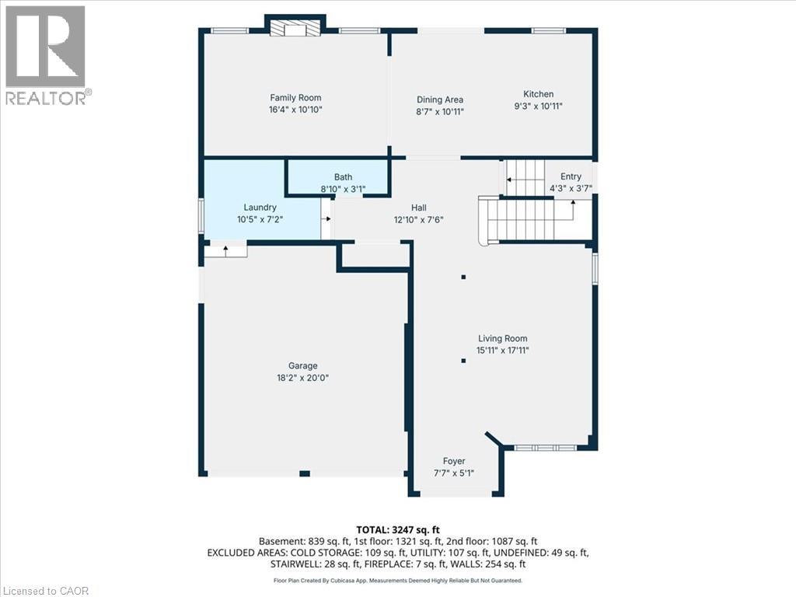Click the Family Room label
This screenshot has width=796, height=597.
(x=295, y=97)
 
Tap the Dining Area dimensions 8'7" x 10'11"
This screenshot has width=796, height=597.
(x=440, y=112)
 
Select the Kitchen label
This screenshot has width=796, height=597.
(x=538, y=94)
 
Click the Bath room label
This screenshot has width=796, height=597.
(x=343, y=176)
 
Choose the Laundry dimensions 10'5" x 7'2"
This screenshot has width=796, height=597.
(x=260, y=219)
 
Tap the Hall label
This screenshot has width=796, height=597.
(x=419, y=208)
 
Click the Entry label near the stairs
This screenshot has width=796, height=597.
(x=571, y=176)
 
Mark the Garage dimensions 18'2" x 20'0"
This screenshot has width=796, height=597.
(x=303, y=378)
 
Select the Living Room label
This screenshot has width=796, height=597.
(x=503, y=338)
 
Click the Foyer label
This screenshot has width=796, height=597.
(x=454, y=461)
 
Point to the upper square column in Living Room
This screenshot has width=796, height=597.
(x=463, y=278)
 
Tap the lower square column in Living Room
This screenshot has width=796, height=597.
(x=463, y=361)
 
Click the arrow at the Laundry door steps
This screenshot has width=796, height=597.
(x=327, y=218)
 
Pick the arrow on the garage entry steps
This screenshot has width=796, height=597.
(x=226, y=249)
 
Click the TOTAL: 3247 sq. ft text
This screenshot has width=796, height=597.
(x=398, y=530)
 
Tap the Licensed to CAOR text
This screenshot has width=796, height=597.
(x=44, y=591)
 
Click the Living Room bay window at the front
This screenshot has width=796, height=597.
(x=545, y=448)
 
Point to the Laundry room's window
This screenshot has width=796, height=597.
(x=201, y=215)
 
